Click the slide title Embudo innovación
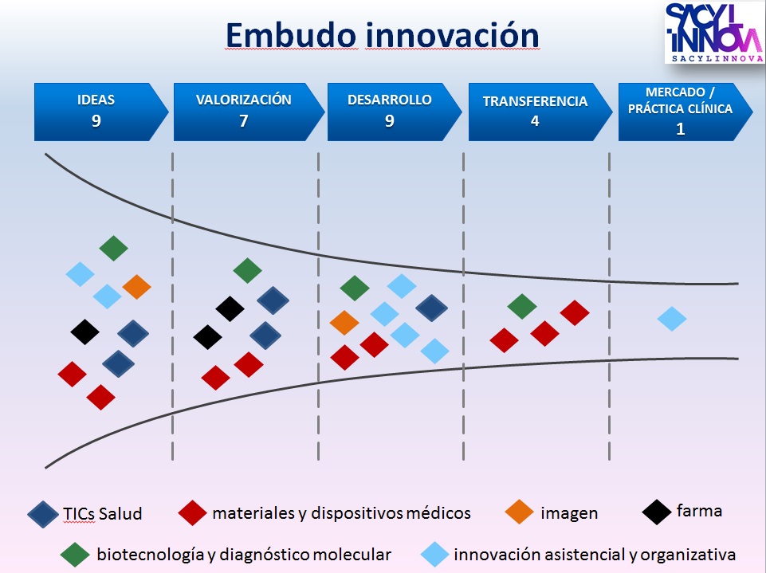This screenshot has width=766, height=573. coord(382,36)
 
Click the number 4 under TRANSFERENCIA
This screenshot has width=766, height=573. coord(535,122)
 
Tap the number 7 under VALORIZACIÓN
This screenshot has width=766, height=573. coord(244,121)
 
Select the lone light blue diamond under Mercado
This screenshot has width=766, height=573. coord(672,319)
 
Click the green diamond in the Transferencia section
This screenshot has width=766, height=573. coord(522,306)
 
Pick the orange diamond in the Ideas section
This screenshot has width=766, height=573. coord(136,287)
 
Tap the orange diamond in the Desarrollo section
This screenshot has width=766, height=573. coord(344,323)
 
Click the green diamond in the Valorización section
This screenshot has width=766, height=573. coord(247,271)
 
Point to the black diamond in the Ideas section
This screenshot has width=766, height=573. coord(84,331)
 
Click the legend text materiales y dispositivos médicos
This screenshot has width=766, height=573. coord(341,512)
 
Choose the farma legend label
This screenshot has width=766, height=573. coord(699,511)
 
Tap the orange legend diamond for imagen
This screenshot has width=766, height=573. coord(520,512)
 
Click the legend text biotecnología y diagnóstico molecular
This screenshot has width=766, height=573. coord(244,554)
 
